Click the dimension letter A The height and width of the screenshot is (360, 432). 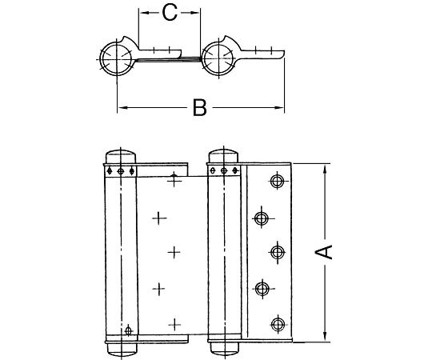(x=324, y=253)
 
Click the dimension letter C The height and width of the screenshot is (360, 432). (x=169, y=12)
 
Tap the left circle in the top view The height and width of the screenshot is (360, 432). (x=116, y=58)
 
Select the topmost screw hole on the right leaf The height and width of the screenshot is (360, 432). (x=278, y=182)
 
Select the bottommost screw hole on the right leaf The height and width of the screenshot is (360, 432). (x=278, y=323)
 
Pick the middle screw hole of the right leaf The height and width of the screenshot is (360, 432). (x=278, y=252)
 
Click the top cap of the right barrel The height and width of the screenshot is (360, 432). (x=223, y=156)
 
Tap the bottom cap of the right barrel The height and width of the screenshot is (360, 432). (x=223, y=349)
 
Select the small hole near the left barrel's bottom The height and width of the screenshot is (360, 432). (x=128, y=328)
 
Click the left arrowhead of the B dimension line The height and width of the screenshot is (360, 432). (x=121, y=107)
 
